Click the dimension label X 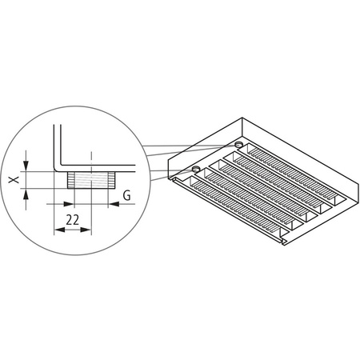(x=14, y=181)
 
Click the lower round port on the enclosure (x=196, y=170)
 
